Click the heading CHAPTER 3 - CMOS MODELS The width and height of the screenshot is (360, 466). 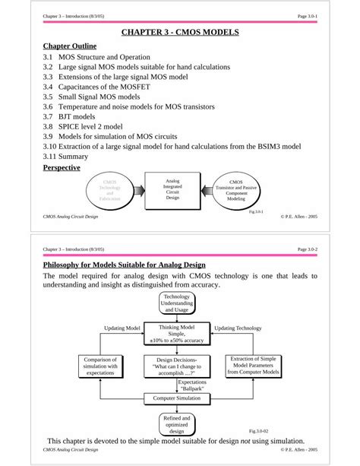pyautogui.click(x=180, y=33)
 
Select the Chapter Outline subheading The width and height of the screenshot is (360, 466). pyautogui.click(x=69, y=47)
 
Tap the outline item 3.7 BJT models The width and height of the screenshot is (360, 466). pyautogui.click(x=69, y=117)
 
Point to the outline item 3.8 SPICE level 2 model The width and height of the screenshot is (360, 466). pyautogui.click(x=83, y=127)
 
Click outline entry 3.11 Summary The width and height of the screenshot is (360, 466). pyautogui.click(x=69, y=157)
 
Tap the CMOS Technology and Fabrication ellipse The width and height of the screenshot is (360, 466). pyautogui.click(x=110, y=191)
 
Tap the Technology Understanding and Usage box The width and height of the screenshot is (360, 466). pyautogui.click(x=177, y=303)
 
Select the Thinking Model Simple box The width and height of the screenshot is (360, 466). pyautogui.click(x=177, y=333)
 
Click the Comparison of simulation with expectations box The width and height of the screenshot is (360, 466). pyautogui.click(x=100, y=366)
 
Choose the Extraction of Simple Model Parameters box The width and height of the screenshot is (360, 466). pyautogui.click(x=254, y=366)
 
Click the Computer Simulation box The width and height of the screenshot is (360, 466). pyautogui.click(x=177, y=398)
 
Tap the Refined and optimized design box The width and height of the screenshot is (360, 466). pyautogui.click(x=177, y=424)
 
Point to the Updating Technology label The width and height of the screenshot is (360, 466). pyautogui.click(x=238, y=328)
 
